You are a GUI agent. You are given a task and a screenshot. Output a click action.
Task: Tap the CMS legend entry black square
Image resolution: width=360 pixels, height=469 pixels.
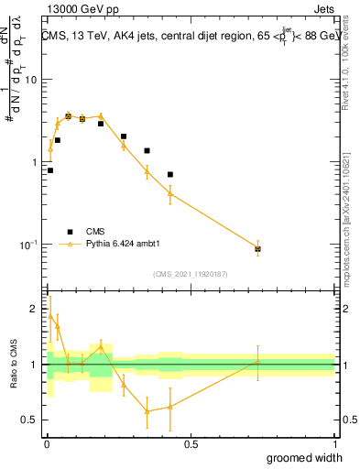[70, 232]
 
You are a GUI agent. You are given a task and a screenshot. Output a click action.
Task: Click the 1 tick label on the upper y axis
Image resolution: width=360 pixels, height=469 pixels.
[33, 162]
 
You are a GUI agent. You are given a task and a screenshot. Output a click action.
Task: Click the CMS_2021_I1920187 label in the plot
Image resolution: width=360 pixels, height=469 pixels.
[190, 273]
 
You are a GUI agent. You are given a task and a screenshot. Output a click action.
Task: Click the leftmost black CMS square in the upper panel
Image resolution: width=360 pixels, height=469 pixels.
[50, 170]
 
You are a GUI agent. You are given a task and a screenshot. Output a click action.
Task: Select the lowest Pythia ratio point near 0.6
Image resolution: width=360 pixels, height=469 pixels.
[147, 411]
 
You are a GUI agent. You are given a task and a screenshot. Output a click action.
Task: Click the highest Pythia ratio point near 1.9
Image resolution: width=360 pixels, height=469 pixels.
[50, 316]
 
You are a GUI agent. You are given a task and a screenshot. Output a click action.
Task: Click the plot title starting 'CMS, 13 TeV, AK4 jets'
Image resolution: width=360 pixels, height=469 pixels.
[188, 37]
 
